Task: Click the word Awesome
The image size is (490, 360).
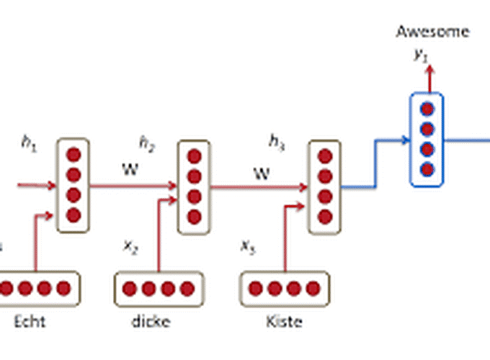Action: [432, 31]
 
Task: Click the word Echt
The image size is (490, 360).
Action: [30, 322]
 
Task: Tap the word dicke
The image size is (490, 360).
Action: [151, 322]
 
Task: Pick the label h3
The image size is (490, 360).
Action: [277, 143]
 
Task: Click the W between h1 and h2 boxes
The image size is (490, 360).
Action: [130, 171]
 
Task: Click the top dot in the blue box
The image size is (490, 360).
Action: [427, 110]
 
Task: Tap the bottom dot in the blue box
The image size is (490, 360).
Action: [427, 169]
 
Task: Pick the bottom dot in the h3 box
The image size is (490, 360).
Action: [324, 215]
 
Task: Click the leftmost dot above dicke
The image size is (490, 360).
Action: [130, 289]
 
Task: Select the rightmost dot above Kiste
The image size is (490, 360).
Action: [312, 289]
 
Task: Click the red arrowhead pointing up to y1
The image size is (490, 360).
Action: [429, 68]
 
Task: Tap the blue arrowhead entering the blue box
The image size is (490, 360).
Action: [406, 141]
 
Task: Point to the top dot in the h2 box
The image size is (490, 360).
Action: [194, 156]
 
